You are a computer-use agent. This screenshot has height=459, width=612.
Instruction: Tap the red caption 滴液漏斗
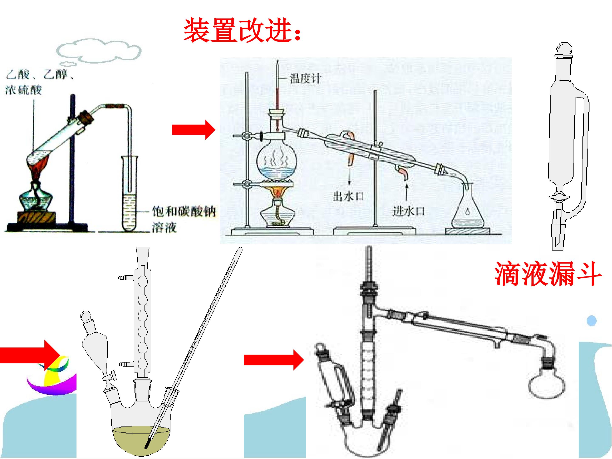tap(548, 274)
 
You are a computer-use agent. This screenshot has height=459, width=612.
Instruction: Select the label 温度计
tap(305, 79)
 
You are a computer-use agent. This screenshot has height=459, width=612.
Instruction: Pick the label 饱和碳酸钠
tap(183, 212)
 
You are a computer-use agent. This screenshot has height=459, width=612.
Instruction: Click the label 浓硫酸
tap(24, 90)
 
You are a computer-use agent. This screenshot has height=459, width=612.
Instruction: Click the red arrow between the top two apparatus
tap(194, 129)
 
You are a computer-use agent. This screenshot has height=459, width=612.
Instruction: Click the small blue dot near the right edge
tap(592, 321)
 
